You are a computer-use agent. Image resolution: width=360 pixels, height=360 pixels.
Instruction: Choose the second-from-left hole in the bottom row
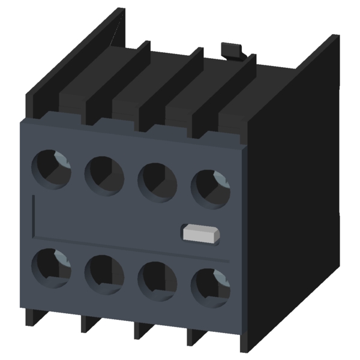pyautogui.click(x=104, y=274)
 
